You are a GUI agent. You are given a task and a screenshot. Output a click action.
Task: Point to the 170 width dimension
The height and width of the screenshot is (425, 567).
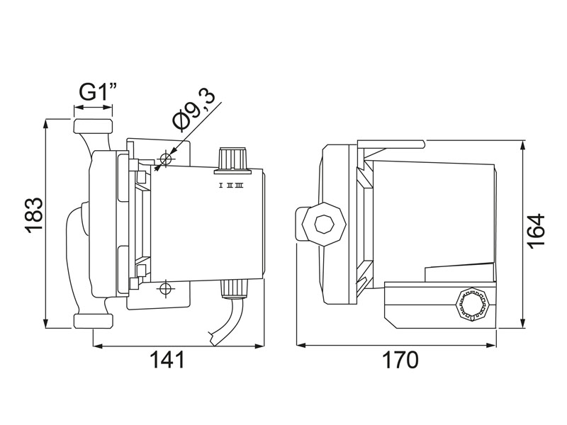[x=401, y=360]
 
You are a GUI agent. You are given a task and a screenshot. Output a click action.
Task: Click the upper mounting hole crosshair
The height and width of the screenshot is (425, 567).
[x=167, y=157]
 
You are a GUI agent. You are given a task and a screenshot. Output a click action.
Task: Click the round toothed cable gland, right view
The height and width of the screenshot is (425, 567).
[x=473, y=306]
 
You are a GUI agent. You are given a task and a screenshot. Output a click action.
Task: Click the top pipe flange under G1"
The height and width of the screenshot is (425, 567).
[x=93, y=127]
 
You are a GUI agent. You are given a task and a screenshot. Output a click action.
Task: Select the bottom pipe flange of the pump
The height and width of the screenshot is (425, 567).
[x=93, y=320]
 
